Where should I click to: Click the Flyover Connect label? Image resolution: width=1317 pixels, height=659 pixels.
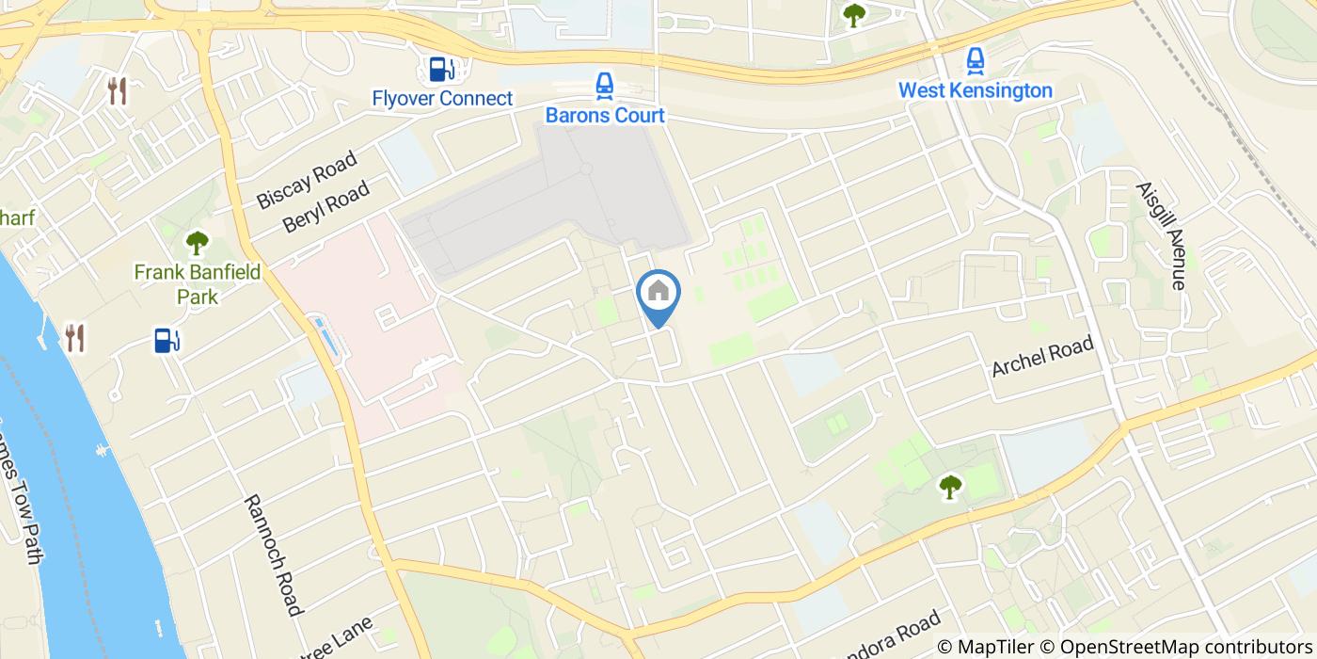tap(442, 98)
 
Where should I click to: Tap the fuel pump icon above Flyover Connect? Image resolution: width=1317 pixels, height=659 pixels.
tap(438, 69)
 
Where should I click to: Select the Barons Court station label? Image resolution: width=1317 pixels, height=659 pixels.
tap(605, 116)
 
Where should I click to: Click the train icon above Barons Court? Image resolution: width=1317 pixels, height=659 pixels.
tap(604, 87)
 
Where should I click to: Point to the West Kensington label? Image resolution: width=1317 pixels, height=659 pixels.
tap(975, 90)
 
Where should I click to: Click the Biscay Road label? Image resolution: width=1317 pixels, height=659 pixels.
tap(307, 180)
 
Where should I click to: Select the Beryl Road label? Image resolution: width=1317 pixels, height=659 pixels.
tap(325, 207)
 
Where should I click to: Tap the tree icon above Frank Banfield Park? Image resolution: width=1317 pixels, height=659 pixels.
tap(197, 244)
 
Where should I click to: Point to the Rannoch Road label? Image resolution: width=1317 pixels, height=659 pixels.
tap(274, 555)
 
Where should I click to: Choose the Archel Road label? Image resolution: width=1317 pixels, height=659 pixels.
tap(1043, 356)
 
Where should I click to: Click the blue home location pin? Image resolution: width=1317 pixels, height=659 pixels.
tap(658, 295)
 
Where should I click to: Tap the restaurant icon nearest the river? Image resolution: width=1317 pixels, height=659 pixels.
tap(75, 337)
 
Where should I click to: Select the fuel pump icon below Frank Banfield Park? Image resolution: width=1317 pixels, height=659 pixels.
tap(167, 340)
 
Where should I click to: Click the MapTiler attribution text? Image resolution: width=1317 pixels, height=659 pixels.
tap(995, 647)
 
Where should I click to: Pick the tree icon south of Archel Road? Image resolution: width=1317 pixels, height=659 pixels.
tap(950, 487)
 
